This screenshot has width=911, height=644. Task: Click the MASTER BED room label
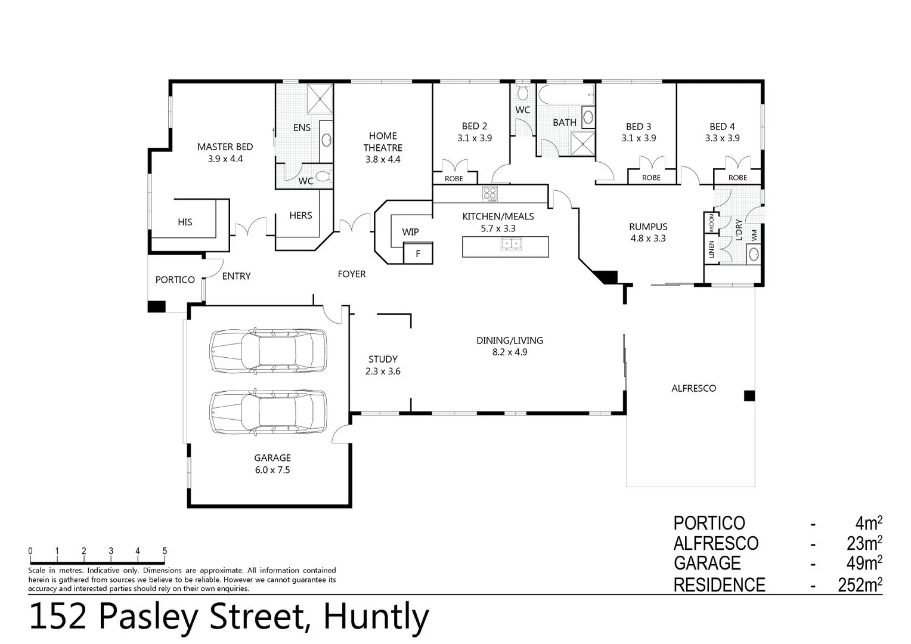(x=225, y=147)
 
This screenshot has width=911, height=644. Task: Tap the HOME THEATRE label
(x=383, y=142)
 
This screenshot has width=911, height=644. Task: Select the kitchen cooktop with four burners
(x=490, y=194)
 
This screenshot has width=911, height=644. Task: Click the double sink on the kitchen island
(x=510, y=243)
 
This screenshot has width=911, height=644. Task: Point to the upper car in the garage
(x=268, y=351)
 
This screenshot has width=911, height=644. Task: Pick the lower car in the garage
(x=268, y=412)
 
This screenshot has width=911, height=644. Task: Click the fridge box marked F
(x=418, y=253)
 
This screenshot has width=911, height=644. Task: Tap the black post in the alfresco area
(x=749, y=396)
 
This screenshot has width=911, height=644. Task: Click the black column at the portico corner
(x=156, y=306)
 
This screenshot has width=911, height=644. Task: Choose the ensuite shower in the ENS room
(x=320, y=98)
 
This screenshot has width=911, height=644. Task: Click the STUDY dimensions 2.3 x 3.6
(x=383, y=371)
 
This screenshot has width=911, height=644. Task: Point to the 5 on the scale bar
(x=165, y=552)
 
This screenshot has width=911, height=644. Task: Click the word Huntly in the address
(x=376, y=617)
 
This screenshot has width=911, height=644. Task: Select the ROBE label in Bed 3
(x=651, y=178)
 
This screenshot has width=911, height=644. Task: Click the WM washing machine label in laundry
(x=754, y=235)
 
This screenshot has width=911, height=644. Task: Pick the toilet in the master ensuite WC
(x=323, y=177)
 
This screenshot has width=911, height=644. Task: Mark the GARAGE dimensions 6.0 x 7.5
(x=272, y=470)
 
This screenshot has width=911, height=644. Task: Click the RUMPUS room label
(x=648, y=227)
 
